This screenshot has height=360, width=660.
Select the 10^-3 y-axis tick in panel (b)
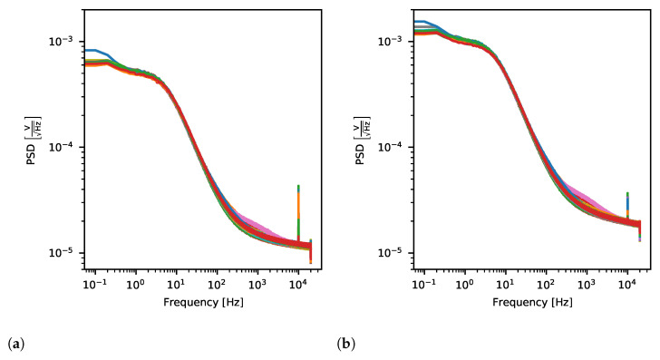tap(393, 42)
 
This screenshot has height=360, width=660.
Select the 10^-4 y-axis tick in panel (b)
tap(393, 147)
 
